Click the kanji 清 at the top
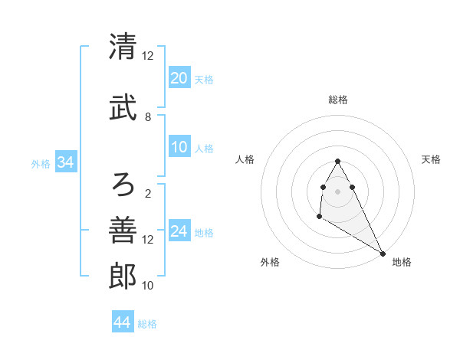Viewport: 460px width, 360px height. [x=123, y=47]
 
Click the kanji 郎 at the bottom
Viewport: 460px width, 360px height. [x=123, y=276]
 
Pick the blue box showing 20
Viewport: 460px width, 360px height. [x=179, y=78]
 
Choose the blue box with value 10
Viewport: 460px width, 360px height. [x=179, y=148]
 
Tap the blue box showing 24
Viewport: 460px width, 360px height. [x=179, y=231]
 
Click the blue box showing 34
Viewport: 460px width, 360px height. [x=65, y=162]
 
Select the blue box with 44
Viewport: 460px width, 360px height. [x=122, y=322]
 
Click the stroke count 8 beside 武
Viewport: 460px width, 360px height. [x=148, y=117]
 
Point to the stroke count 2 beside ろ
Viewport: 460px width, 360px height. [x=148, y=193]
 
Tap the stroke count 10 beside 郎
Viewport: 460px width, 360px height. [x=149, y=286]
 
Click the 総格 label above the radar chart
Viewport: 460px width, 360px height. [x=338, y=100]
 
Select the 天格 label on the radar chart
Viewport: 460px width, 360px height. [x=431, y=159]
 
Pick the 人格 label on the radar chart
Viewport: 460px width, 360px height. [x=245, y=159]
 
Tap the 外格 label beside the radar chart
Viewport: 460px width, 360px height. [x=270, y=262]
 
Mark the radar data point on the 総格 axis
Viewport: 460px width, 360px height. [x=338, y=161]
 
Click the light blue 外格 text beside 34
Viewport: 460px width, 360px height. [x=41, y=163]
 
